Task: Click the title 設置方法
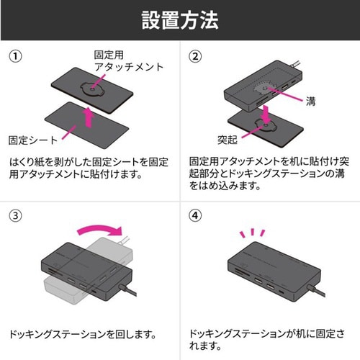(x=180, y=19)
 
